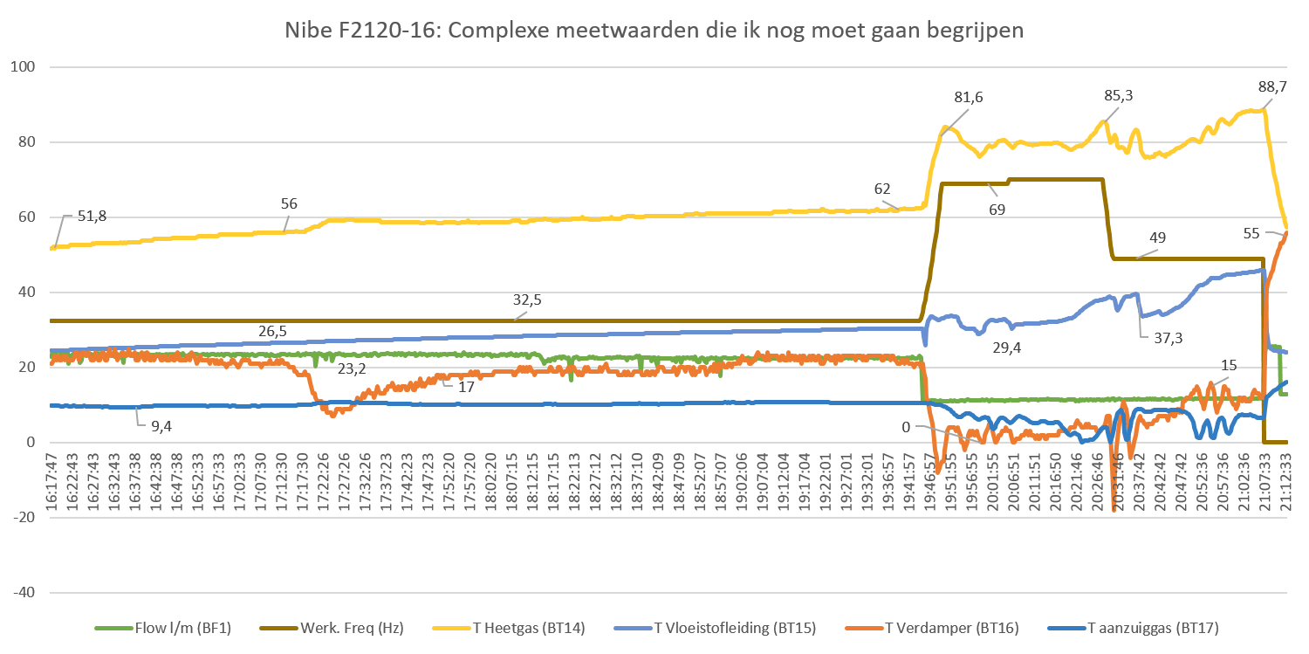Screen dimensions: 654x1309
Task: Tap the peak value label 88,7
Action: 1272,86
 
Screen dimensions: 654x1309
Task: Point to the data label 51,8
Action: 92,216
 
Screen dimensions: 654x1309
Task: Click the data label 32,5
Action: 527,299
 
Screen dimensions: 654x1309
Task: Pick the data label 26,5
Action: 272,332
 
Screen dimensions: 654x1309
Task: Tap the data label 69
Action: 997,210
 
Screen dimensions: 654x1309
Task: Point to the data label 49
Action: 1158,238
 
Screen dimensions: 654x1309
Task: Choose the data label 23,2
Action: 352,369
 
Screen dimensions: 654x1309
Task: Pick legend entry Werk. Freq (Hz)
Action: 346,627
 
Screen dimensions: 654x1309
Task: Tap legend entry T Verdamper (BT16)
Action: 951,627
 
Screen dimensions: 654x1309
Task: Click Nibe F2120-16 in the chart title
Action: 354,31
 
